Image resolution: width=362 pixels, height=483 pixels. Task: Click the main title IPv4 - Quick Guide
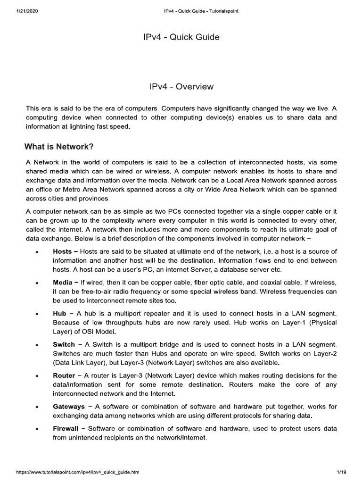181,37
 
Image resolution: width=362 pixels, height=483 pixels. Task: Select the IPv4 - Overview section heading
181,87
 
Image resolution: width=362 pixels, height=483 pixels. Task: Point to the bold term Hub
59,313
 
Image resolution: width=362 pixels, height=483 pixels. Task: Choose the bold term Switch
64,345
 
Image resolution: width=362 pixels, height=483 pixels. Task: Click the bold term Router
64,375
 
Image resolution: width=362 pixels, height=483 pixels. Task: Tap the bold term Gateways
69,407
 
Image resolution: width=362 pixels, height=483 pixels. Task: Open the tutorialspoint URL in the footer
78,472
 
